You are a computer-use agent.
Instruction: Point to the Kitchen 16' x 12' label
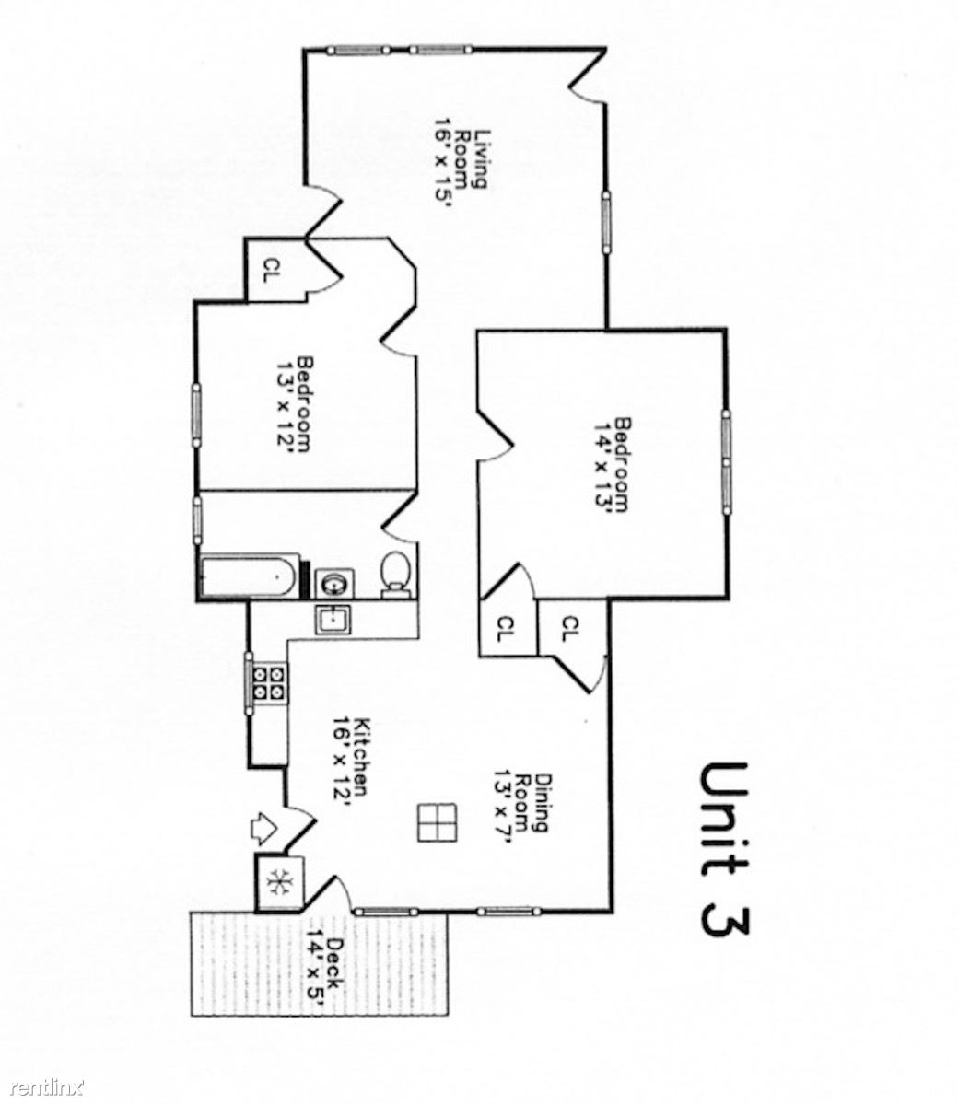352,763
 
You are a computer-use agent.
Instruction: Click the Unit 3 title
724,848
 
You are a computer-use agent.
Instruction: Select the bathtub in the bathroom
249,576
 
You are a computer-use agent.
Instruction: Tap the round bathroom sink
330,581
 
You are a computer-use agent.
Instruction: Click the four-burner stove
271,683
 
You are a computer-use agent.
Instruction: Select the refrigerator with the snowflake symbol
277,882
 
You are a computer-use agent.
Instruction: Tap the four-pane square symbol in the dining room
436,821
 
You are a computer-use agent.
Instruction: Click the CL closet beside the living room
270,270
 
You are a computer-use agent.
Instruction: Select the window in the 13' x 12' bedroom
196,414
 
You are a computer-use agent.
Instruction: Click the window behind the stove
249,681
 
